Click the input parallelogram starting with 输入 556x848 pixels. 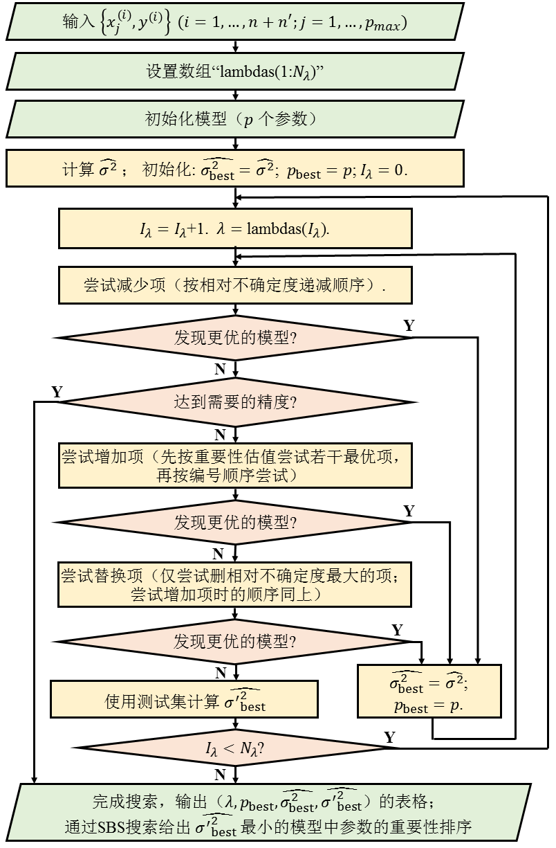(235, 23)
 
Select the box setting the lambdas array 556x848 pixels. (235, 72)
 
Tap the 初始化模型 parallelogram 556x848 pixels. (235, 119)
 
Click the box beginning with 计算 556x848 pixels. (235, 169)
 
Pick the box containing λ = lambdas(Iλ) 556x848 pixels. (235, 229)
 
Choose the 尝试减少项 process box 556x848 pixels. (235, 285)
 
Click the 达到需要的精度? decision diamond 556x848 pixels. (235, 402)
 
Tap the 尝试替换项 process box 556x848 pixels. (235, 584)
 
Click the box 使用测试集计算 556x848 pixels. (184, 698)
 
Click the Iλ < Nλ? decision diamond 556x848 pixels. (235, 748)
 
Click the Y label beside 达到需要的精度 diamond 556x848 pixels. (57, 393)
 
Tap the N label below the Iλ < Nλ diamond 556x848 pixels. (220, 774)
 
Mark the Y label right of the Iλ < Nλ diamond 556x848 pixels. (390, 738)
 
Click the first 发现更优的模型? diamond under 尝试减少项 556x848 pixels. (235, 339)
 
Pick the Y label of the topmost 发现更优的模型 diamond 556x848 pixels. (409, 325)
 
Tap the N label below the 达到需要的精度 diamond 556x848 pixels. (220, 435)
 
